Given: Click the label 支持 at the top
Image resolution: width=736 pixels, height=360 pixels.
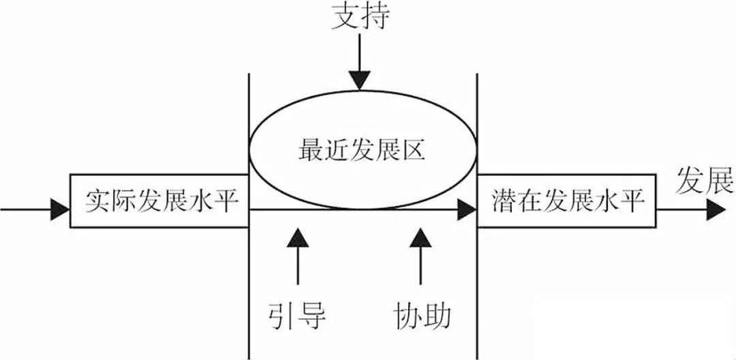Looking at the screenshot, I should (x=361, y=17).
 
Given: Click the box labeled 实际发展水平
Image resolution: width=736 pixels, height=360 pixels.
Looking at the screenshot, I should (x=159, y=200).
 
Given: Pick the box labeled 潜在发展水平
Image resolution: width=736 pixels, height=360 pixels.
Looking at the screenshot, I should (x=566, y=200).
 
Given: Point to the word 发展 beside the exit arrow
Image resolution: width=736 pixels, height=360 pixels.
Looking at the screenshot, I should (x=705, y=182).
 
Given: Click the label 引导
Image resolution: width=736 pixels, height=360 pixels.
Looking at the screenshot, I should (x=297, y=315).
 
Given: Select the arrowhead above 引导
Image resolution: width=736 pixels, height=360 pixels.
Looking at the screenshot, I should (x=297, y=237).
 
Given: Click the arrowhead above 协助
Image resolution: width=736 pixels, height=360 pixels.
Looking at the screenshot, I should (x=420, y=237).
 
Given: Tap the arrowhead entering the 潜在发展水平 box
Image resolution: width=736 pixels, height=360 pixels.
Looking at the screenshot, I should (x=467, y=209).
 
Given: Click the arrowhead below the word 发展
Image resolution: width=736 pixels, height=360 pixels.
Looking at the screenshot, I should (x=716, y=209).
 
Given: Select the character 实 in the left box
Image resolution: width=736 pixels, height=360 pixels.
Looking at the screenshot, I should (x=97, y=200).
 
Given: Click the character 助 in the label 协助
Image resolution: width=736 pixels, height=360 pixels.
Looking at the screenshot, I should (x=438, y=315).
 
